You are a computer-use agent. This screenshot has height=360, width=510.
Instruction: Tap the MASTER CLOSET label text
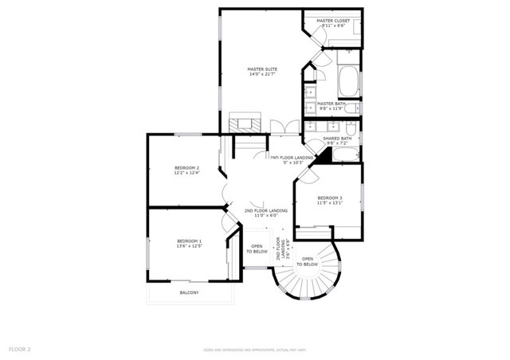pos(333,21)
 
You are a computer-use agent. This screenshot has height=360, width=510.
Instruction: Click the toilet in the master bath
pos(351,108)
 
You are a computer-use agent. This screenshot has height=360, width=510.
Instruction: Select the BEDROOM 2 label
pos(186,167)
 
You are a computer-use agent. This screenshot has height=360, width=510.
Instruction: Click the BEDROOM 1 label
pos(189,241)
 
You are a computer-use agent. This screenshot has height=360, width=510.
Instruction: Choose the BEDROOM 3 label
pos(329,198)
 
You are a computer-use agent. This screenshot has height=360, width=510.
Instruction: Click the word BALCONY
pos(189,292)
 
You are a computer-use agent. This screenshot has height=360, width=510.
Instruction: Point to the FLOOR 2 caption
pos(19,349)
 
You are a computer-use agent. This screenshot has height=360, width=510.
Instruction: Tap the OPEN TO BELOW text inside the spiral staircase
pos(308,261)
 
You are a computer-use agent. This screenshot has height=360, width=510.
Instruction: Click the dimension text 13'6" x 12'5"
pos(189,246)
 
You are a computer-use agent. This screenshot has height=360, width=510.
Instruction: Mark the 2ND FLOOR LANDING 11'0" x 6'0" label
pos(265,213)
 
